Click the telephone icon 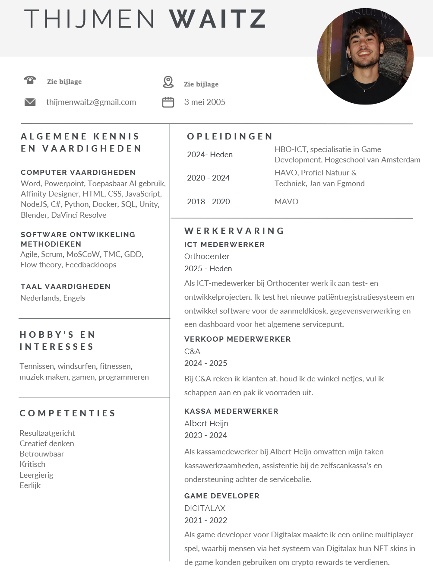pos(30,80)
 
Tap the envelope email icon pos(30,102)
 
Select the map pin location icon pos(168,82)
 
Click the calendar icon pos(168,102)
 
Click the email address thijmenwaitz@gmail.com pos(91,102)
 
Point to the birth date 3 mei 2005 pos(205,102)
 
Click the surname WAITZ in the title pos(217,19)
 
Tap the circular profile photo pos(365,56)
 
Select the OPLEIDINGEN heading pos(230,136)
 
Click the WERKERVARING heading pos(234,231)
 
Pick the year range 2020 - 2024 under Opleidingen pos(208,178)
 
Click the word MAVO pos(286,202)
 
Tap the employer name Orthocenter pos(207,257)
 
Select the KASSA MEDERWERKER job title pos(231,411)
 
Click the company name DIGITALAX pos(205,508)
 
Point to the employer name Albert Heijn pos(206,424)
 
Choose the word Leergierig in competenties pos(36,475)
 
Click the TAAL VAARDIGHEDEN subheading pos(66,286)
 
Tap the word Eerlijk pos(30,485)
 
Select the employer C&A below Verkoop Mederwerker pos(192,352)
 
